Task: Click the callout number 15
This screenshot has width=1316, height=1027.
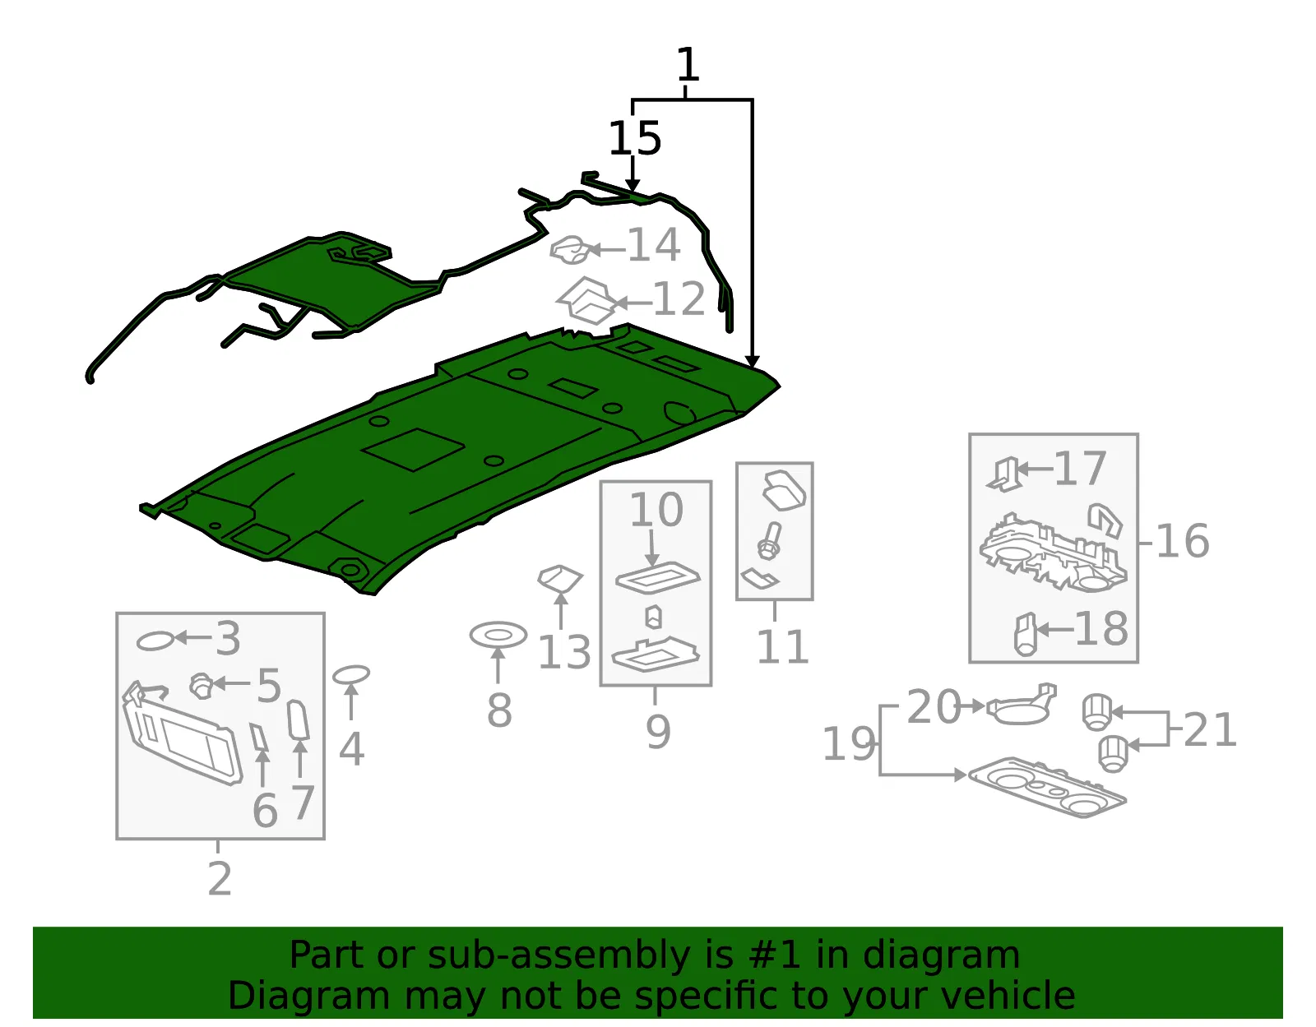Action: coord(634,138)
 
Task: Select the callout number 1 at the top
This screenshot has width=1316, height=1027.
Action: coord(688,64)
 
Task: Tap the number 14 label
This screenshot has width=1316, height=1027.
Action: coord(654,245)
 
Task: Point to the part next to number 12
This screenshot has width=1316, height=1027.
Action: coord(587,301)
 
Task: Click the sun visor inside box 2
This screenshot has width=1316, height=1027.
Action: coord(182,733)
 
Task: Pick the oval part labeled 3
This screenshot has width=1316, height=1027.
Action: coord(155,641)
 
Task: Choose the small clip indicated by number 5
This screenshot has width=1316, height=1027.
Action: coord(201,686)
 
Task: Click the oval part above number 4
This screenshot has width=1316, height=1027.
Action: coord(351,674)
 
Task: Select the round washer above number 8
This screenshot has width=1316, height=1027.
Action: coord(498,635)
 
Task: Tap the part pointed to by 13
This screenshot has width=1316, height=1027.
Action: coord(560,578)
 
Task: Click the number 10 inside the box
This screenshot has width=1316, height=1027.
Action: coord(656,509)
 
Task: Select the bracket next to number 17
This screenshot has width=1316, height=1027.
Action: coord(1005,474)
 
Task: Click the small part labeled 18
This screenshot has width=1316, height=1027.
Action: coord(1026,634)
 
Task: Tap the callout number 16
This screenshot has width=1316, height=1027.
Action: coord(1182,541)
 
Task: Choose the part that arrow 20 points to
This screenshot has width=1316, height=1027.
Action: coord(1022,705)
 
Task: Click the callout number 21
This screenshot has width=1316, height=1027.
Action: coord(1209,729)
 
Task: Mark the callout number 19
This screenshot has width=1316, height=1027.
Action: coord(849,743)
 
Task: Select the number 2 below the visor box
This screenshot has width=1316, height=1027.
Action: coord(220,879)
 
